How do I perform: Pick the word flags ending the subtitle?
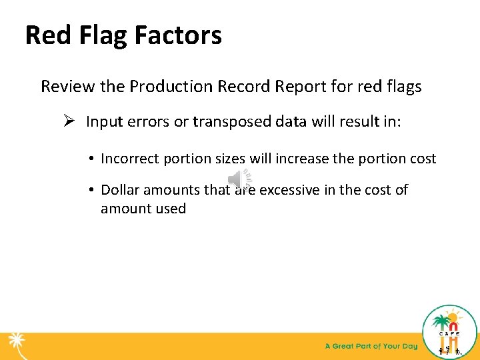[404, 87]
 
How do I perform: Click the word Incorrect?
[129, 159]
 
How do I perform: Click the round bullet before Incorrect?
[90, 159]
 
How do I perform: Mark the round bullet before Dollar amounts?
[90, 190]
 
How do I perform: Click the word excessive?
[289, 190]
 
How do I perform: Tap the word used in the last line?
[171, 209]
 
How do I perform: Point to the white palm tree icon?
[16, 345]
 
